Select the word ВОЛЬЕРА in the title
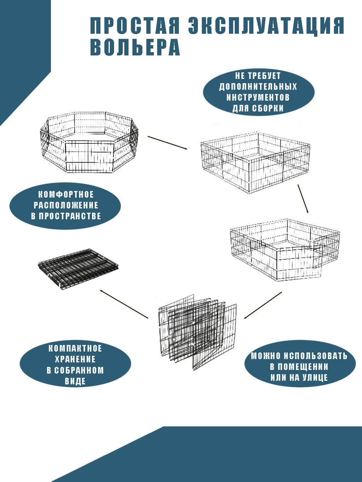coord(135,47)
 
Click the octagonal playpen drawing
coord(89,142)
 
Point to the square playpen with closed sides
coord(255,163)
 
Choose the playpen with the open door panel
coord(285,250)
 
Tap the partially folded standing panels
coord(197,332)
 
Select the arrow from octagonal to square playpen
coord(168,143)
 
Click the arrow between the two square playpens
coord(303,199)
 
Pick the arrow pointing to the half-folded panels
coord(263,305)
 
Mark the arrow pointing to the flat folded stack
coord(124,304)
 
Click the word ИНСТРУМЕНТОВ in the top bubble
coord(258,97)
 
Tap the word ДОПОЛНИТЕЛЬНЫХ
coord(258,87)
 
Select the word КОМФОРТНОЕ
coord(66,195)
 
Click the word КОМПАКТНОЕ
coord(75,349)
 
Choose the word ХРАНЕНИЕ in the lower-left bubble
coord(75,359)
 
